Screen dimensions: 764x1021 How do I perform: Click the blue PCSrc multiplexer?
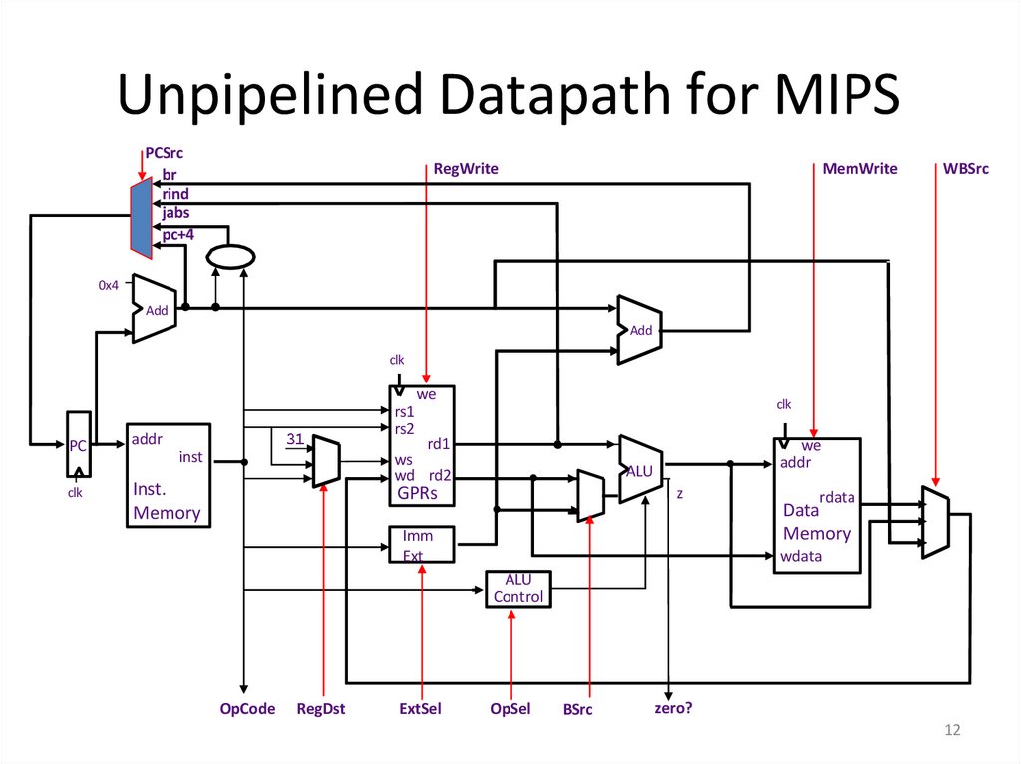point(141,216)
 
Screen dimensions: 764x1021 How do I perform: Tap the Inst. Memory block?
point(168,474)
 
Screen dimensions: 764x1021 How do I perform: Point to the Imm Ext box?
point(421,545)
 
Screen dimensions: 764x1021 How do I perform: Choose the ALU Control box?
point(517,589)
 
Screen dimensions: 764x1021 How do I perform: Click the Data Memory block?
point(817,504)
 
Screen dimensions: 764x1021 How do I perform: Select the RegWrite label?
point(466,169)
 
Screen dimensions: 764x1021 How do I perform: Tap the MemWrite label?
point(859,169)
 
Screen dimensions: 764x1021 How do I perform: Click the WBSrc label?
point(965,169)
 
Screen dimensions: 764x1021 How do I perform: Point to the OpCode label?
point(247,709)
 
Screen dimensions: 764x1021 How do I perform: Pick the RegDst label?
point(321,709)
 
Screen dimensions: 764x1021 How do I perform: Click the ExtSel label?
point(420,709)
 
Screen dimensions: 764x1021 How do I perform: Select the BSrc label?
point(577,709)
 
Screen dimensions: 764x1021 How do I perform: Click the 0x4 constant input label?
point(108,285)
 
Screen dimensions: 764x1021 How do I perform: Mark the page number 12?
point(951,732)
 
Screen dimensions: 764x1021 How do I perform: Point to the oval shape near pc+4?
point(230,257)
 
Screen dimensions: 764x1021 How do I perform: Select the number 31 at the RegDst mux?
point(294,439)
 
